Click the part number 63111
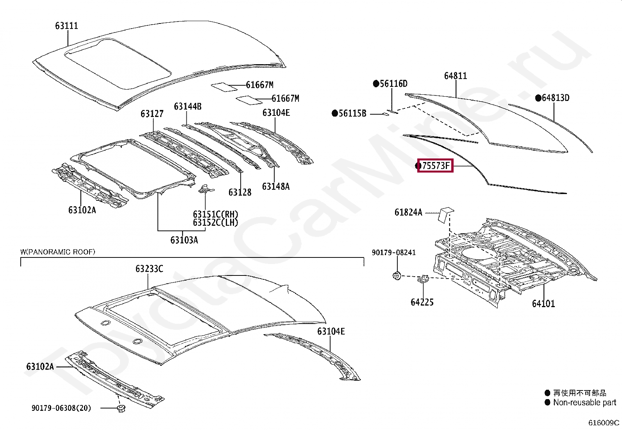pyautogui.click(x=66, y=26)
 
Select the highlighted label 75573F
pyautogui.click(x=435, y=166)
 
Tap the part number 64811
pyautogui.click(x=455, y=76)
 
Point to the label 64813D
pyautogui.click(x=555, y=98)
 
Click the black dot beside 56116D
pyautogui.click(x=376, y=83)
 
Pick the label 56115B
pyautogui.click(x=352, y=113)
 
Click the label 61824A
pyautogui.click(x=408, y=212)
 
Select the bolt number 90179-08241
pyautogui.click(x=393, y=253)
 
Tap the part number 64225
pyautogui.click(x=422, y=302)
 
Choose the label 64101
pyautogui.click(x=543, y=304)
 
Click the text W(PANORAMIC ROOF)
pyautogui.click(x=58, y=252)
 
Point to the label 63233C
pyautogui.click(x=149, y=269)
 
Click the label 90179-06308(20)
pyautogui.click(x=61, y=408)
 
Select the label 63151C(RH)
pyautogui.click(x=216, y=214)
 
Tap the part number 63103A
pyautogui.click(x=184, y=240)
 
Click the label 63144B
pyautogui.click(x=188, y=106)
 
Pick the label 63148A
pyautogui.click(x=276, y=187)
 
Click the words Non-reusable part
pyautogui.click(x=584, y=402)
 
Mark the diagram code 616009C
pyautogui.click(x=604, y=423)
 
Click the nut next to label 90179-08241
pyautogui.click(x=396, y=276)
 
